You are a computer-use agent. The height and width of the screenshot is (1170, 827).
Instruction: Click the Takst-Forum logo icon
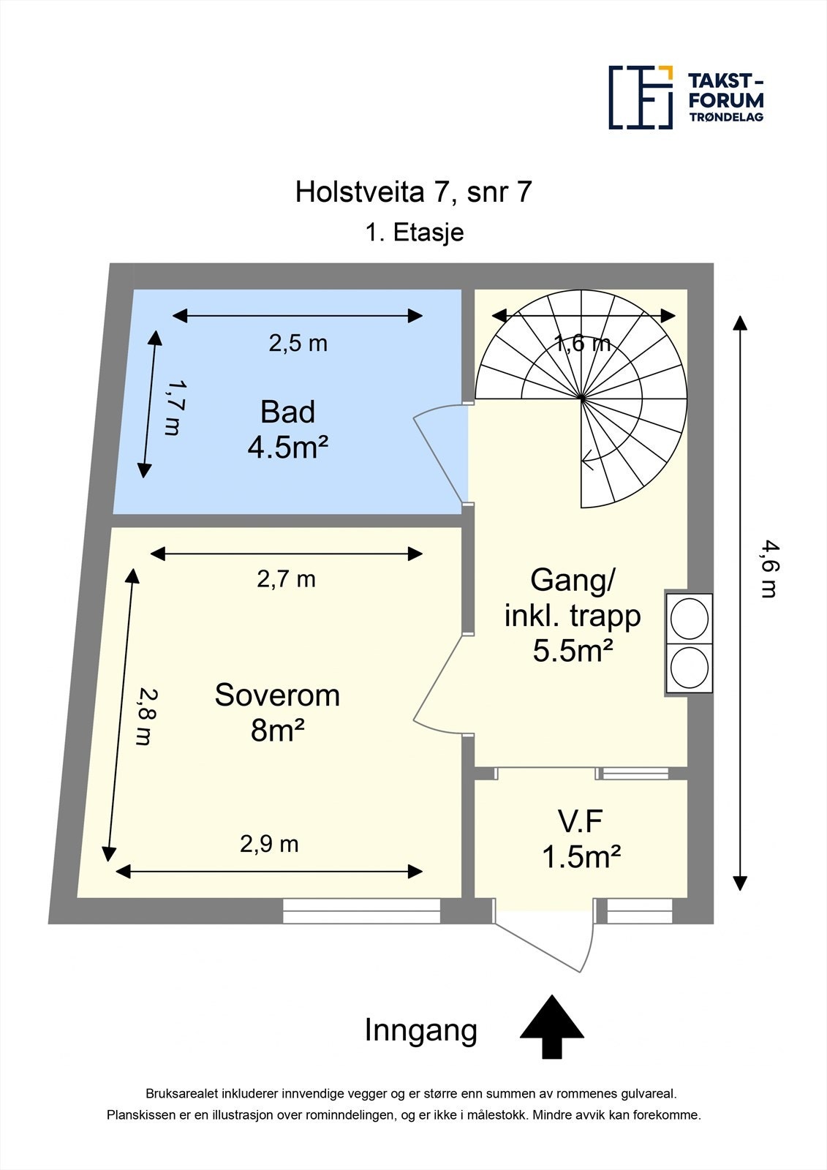pyautogui.click(x=641, y=97)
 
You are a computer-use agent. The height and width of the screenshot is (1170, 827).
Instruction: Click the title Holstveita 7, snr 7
pyautogui.click(x=413, y=192)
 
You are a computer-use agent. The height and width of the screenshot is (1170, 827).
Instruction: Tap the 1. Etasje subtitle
pyautogui.click(x=414, y=233)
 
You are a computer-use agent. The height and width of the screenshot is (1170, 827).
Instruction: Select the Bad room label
pyautogui.click(x=287, y=412)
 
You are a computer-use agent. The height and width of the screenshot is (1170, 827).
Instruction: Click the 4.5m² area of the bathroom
pyautogui.click(x=287, y=448)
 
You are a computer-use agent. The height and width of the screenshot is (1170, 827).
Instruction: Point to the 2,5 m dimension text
pyautogui.click(x=298, y=343)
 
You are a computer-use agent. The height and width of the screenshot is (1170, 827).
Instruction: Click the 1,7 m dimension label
pyautogui.click(x=172, y=407)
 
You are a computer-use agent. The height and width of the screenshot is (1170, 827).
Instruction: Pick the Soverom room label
pyautogui.click(x=277, y=695)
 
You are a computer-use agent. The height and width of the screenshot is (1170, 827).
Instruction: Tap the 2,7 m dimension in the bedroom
pyautogui.click(x=286, y=580)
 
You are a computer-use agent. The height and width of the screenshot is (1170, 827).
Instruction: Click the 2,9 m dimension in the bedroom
pyautogui.click(x=269, y=845)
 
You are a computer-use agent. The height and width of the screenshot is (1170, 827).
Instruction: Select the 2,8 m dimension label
pyautogui.click(x=146, y=717)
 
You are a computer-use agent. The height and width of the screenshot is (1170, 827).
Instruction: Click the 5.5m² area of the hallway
pyautogui.click(x=573, y=650)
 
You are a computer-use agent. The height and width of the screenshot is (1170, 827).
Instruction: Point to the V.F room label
pyautogui.click(x=581, y=822)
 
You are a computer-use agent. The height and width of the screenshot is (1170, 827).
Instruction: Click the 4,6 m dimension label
pyautogui.click(x=767, y=569)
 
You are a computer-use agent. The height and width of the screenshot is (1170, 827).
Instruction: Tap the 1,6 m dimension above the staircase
pyautogui.click(x=582, y=343)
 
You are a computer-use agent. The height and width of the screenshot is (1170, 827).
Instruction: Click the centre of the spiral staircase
pyautogui.click(x=581, y=399)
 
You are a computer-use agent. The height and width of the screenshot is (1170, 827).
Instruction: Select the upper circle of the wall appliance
pyautogui.click(x=690, y=619)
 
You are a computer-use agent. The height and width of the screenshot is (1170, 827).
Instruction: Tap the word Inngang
pyautogui.click(x=420, y=1030)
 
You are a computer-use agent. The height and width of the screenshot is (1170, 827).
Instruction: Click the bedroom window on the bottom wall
pyautogui.click(x=362, y=911)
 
